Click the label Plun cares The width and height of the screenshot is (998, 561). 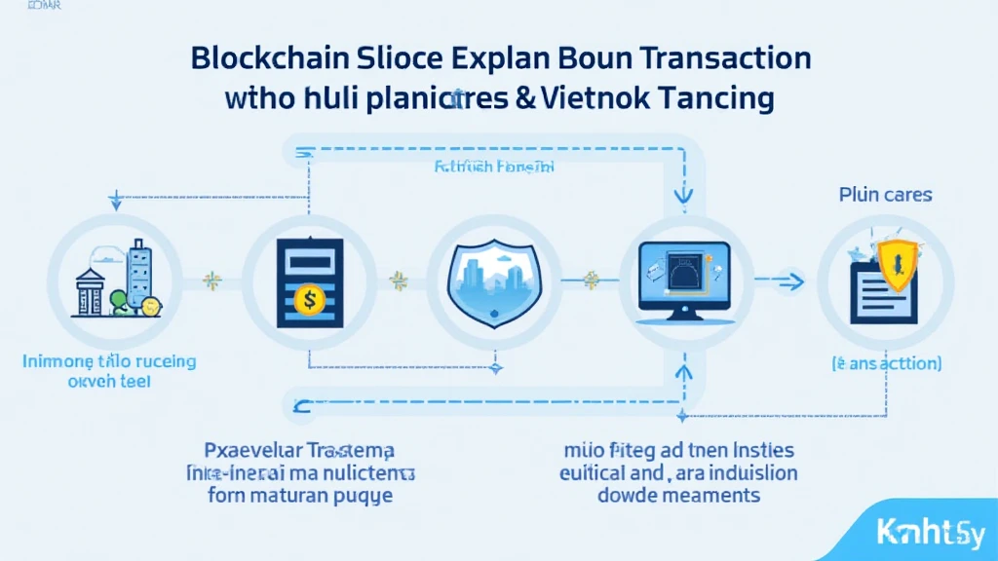coord(885,195)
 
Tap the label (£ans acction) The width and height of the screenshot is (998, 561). coord(886,363)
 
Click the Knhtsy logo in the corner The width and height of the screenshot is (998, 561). coord(931,534)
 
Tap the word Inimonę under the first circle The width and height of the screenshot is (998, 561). coord(58,361)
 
